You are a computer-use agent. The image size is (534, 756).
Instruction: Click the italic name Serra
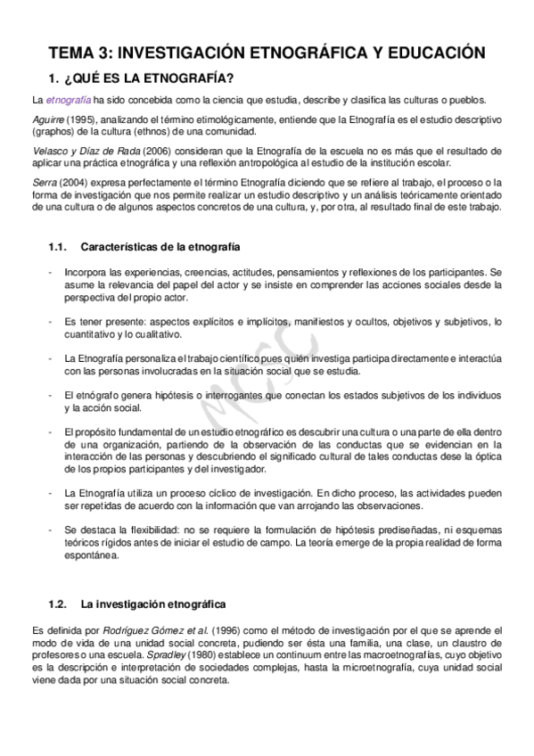pos(43,183)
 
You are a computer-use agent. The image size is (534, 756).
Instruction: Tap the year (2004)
pos(71,183)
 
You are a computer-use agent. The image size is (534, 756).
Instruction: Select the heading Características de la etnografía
pos(159,245)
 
